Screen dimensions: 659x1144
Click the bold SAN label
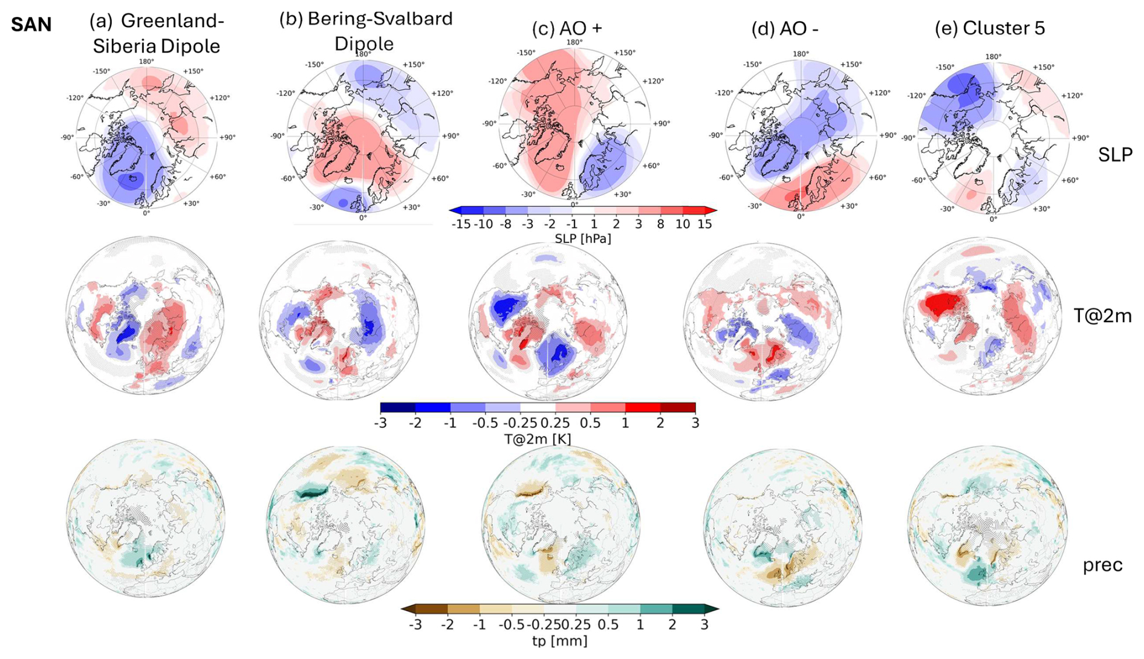coord(31,24)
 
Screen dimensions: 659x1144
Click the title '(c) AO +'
coord(567,28)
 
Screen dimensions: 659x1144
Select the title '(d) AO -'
coord(784,28)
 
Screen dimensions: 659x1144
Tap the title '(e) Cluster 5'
coord(989,28)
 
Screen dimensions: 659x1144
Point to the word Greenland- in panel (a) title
coord(172,21)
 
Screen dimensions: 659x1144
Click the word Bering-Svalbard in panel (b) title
coord(380,19)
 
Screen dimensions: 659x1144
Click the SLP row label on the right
coord(1114,155)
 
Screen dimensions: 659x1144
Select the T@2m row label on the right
coord(1102,316)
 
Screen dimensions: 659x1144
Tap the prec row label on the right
coord(1102,565)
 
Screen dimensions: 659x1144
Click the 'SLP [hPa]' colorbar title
coord(582,239)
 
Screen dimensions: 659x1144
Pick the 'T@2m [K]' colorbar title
coord(537,439)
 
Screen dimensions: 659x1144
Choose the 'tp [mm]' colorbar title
coord(559,640)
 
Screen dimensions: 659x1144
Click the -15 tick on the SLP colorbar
coord(461,224)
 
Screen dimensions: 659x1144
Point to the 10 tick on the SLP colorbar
coord(683,224)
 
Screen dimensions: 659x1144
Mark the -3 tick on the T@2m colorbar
coord(380,423)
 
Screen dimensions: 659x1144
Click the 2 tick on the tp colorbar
coord(672,625)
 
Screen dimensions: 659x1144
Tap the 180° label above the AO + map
coord(574,42)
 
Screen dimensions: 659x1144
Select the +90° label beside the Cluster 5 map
coord(1080,138)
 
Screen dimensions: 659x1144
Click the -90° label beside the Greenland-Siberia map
coord(67,137)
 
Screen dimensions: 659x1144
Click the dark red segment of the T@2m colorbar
coord(678,407)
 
